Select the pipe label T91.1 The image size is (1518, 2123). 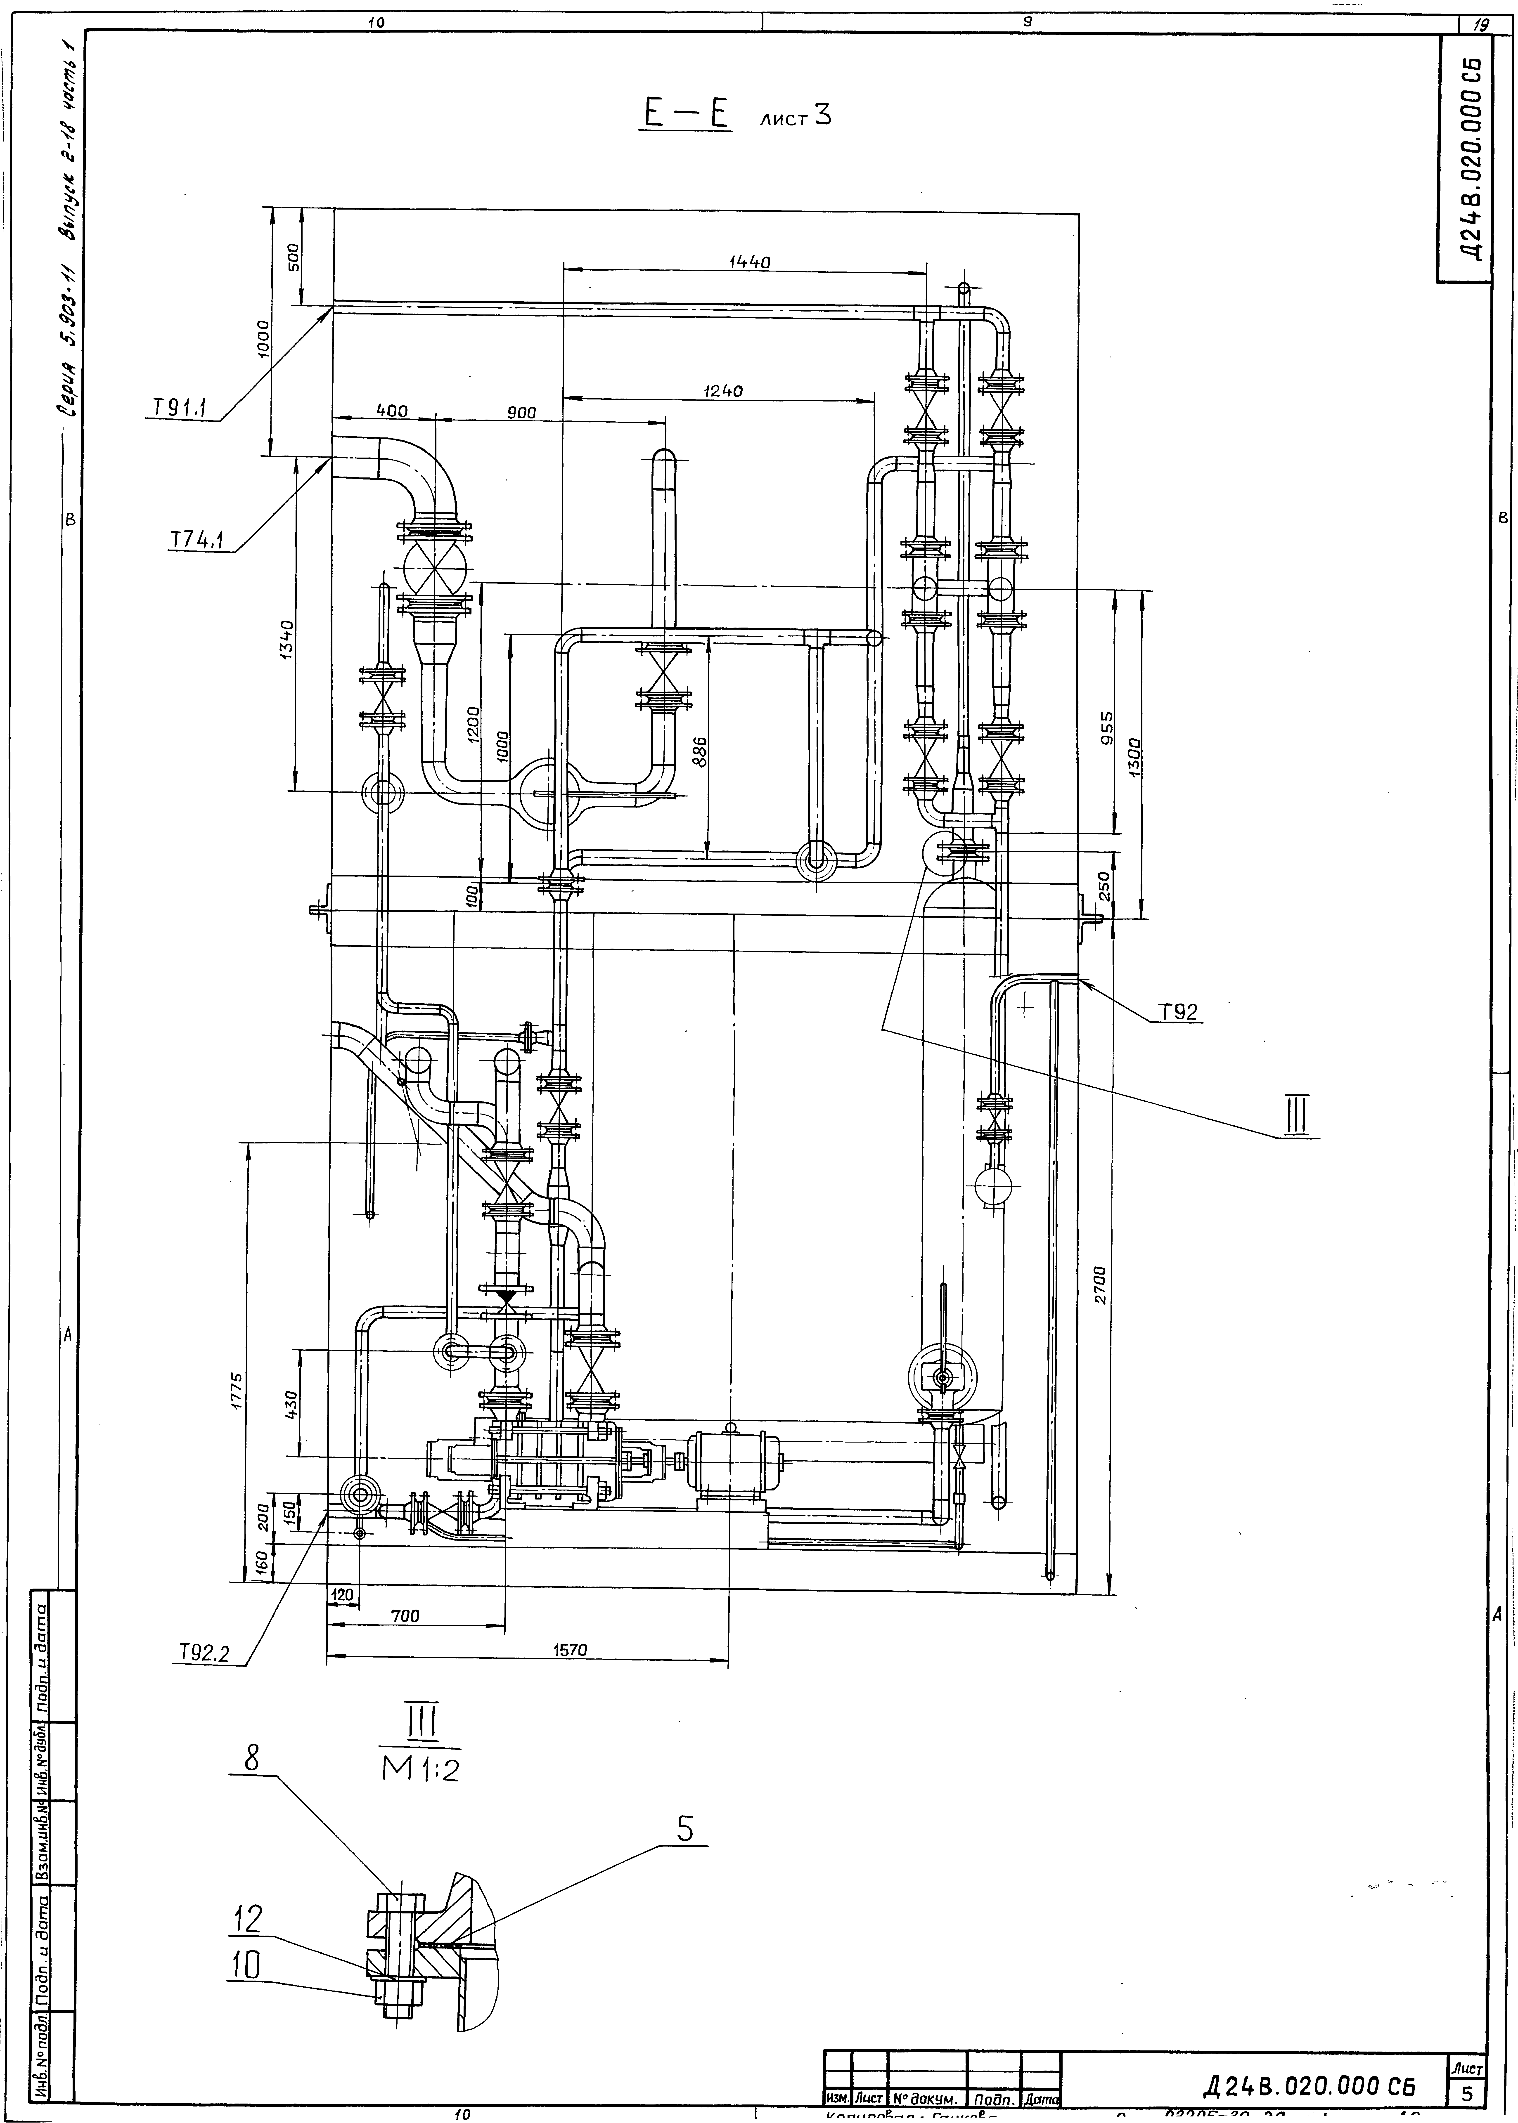tap(180, 408)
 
